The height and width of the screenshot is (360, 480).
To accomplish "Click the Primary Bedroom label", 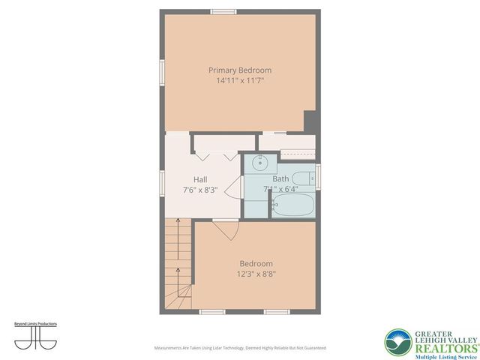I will coord(239,70).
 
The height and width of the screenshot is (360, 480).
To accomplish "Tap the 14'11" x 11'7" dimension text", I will coord(239,79).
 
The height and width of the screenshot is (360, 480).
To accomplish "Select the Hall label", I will coord(200,179).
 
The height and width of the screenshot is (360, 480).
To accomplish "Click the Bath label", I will coord(280,179).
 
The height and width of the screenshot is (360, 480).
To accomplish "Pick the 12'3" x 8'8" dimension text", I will coord(256,274).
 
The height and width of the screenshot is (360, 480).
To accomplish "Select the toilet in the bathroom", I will coord(301,179).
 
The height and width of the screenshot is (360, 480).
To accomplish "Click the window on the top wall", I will coord(223,11).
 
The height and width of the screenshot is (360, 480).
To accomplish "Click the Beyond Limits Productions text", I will coord(35,324).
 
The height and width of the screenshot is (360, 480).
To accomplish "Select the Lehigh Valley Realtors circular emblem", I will coord(398,343).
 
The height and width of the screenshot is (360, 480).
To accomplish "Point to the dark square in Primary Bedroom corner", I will coord(310,120).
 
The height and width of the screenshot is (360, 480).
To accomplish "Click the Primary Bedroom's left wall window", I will coord(161,76).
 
